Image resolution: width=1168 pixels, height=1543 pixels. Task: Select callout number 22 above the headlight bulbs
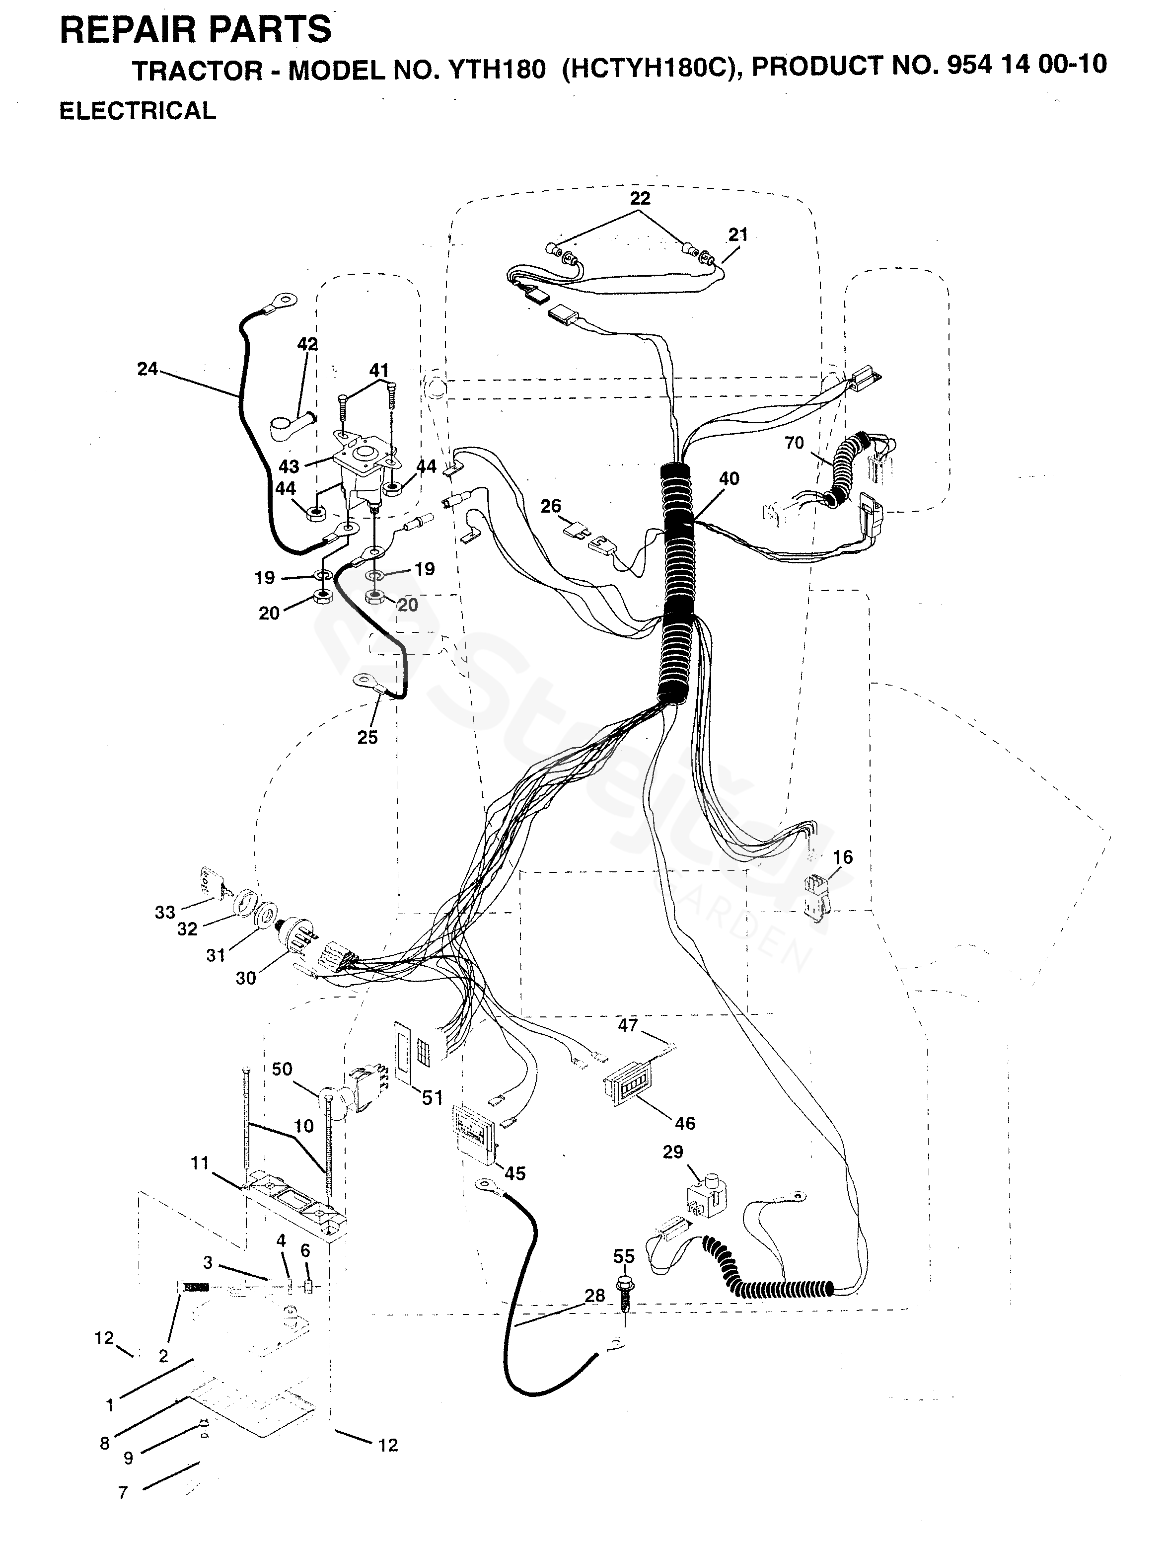[640, 198]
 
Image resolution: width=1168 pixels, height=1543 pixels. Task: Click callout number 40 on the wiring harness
[729, 478]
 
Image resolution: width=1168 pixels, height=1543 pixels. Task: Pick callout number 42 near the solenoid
[307, 344]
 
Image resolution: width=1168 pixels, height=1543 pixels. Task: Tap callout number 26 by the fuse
[551, 506]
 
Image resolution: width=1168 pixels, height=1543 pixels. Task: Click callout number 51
[433, 1097]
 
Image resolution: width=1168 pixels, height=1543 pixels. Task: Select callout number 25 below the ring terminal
[367, 737]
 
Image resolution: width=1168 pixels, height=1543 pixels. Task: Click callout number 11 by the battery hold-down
[200, 1163]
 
